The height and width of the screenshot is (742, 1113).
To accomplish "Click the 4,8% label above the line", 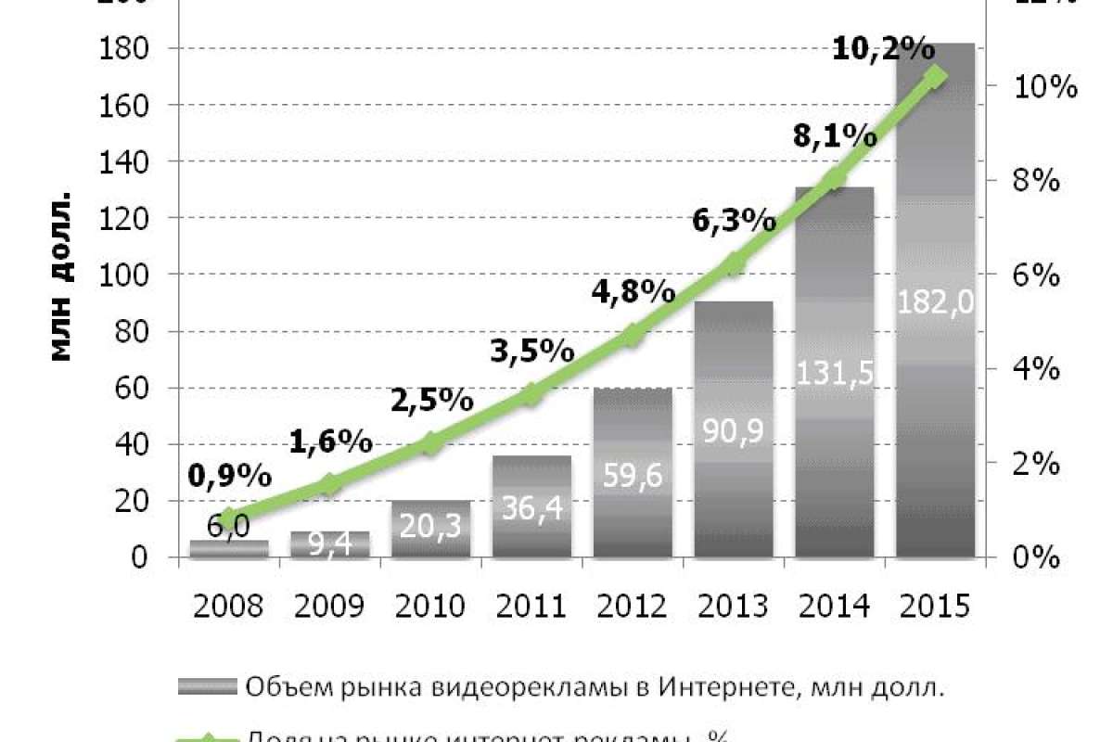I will click(x=633, y=291).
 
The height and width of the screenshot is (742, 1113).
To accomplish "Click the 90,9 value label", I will click(x=734, y=432).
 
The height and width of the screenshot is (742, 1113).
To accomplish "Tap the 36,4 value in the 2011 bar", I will click(x=531, y=505).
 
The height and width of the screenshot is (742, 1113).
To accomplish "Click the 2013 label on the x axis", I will click(x=734, y=607).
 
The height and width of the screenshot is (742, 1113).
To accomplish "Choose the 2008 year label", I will click(x=227, y=607).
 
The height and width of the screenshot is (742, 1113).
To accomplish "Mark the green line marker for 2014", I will click(x=835, y=179).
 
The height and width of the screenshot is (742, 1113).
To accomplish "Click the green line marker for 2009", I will click(x=330, y=483).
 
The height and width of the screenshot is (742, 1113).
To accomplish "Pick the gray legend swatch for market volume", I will click(x=209, y=686).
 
